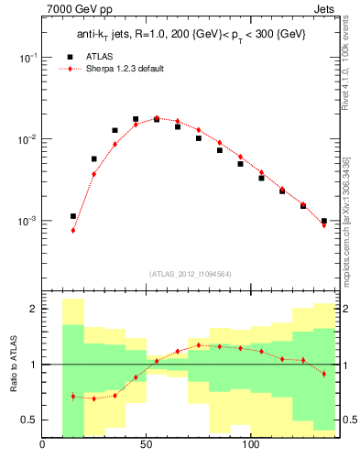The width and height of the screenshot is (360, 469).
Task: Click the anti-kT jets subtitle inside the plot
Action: (x=190, y=35)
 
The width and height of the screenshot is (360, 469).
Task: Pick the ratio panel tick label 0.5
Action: (x=27, y=420)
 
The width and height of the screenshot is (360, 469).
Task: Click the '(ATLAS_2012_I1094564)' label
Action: (x=190, y=273)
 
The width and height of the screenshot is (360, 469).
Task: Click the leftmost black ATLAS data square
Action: (x=73, y=216)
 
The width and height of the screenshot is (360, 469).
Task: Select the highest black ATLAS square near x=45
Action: (x=136, y=119)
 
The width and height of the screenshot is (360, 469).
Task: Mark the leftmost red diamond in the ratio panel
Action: (x=73, y=396)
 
